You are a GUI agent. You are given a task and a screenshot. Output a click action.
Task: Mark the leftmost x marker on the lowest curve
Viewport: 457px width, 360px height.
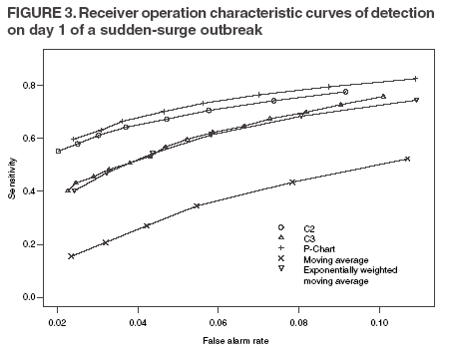point(71,256)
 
